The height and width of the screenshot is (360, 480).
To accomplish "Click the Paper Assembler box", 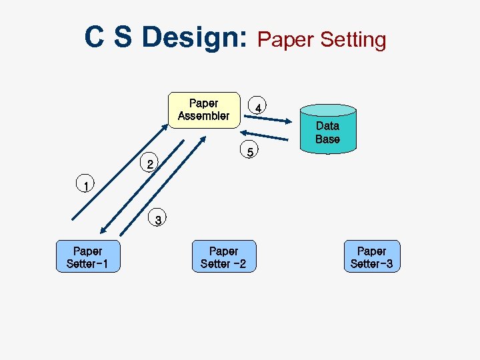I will point(203,109).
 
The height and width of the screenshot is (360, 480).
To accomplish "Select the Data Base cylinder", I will point(327,129).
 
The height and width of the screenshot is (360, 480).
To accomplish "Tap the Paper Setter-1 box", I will point(87,257).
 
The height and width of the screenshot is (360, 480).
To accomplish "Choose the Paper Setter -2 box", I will point(223,257).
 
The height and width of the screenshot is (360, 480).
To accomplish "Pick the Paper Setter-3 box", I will point(371,257).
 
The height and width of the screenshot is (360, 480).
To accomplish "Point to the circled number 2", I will point(151,163).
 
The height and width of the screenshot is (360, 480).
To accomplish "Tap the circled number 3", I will point(158,219).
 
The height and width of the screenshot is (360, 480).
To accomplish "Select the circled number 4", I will point(257,107).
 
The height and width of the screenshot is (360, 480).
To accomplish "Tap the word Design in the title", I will point(193,37).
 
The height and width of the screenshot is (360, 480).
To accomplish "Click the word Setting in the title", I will point(353,40).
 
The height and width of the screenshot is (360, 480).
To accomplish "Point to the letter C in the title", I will point(94,37).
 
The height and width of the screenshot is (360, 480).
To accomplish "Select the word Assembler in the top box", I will point(203,116).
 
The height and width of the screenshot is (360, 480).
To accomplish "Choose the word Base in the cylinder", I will point(327,139).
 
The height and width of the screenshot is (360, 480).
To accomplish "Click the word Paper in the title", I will point(286,40).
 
